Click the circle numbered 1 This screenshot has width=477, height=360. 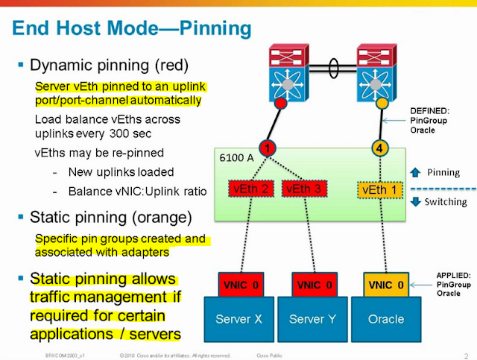pyautogui.click(x=269, y=147)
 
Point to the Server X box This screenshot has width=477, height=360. pyautogui.click(x=239, y=318)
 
